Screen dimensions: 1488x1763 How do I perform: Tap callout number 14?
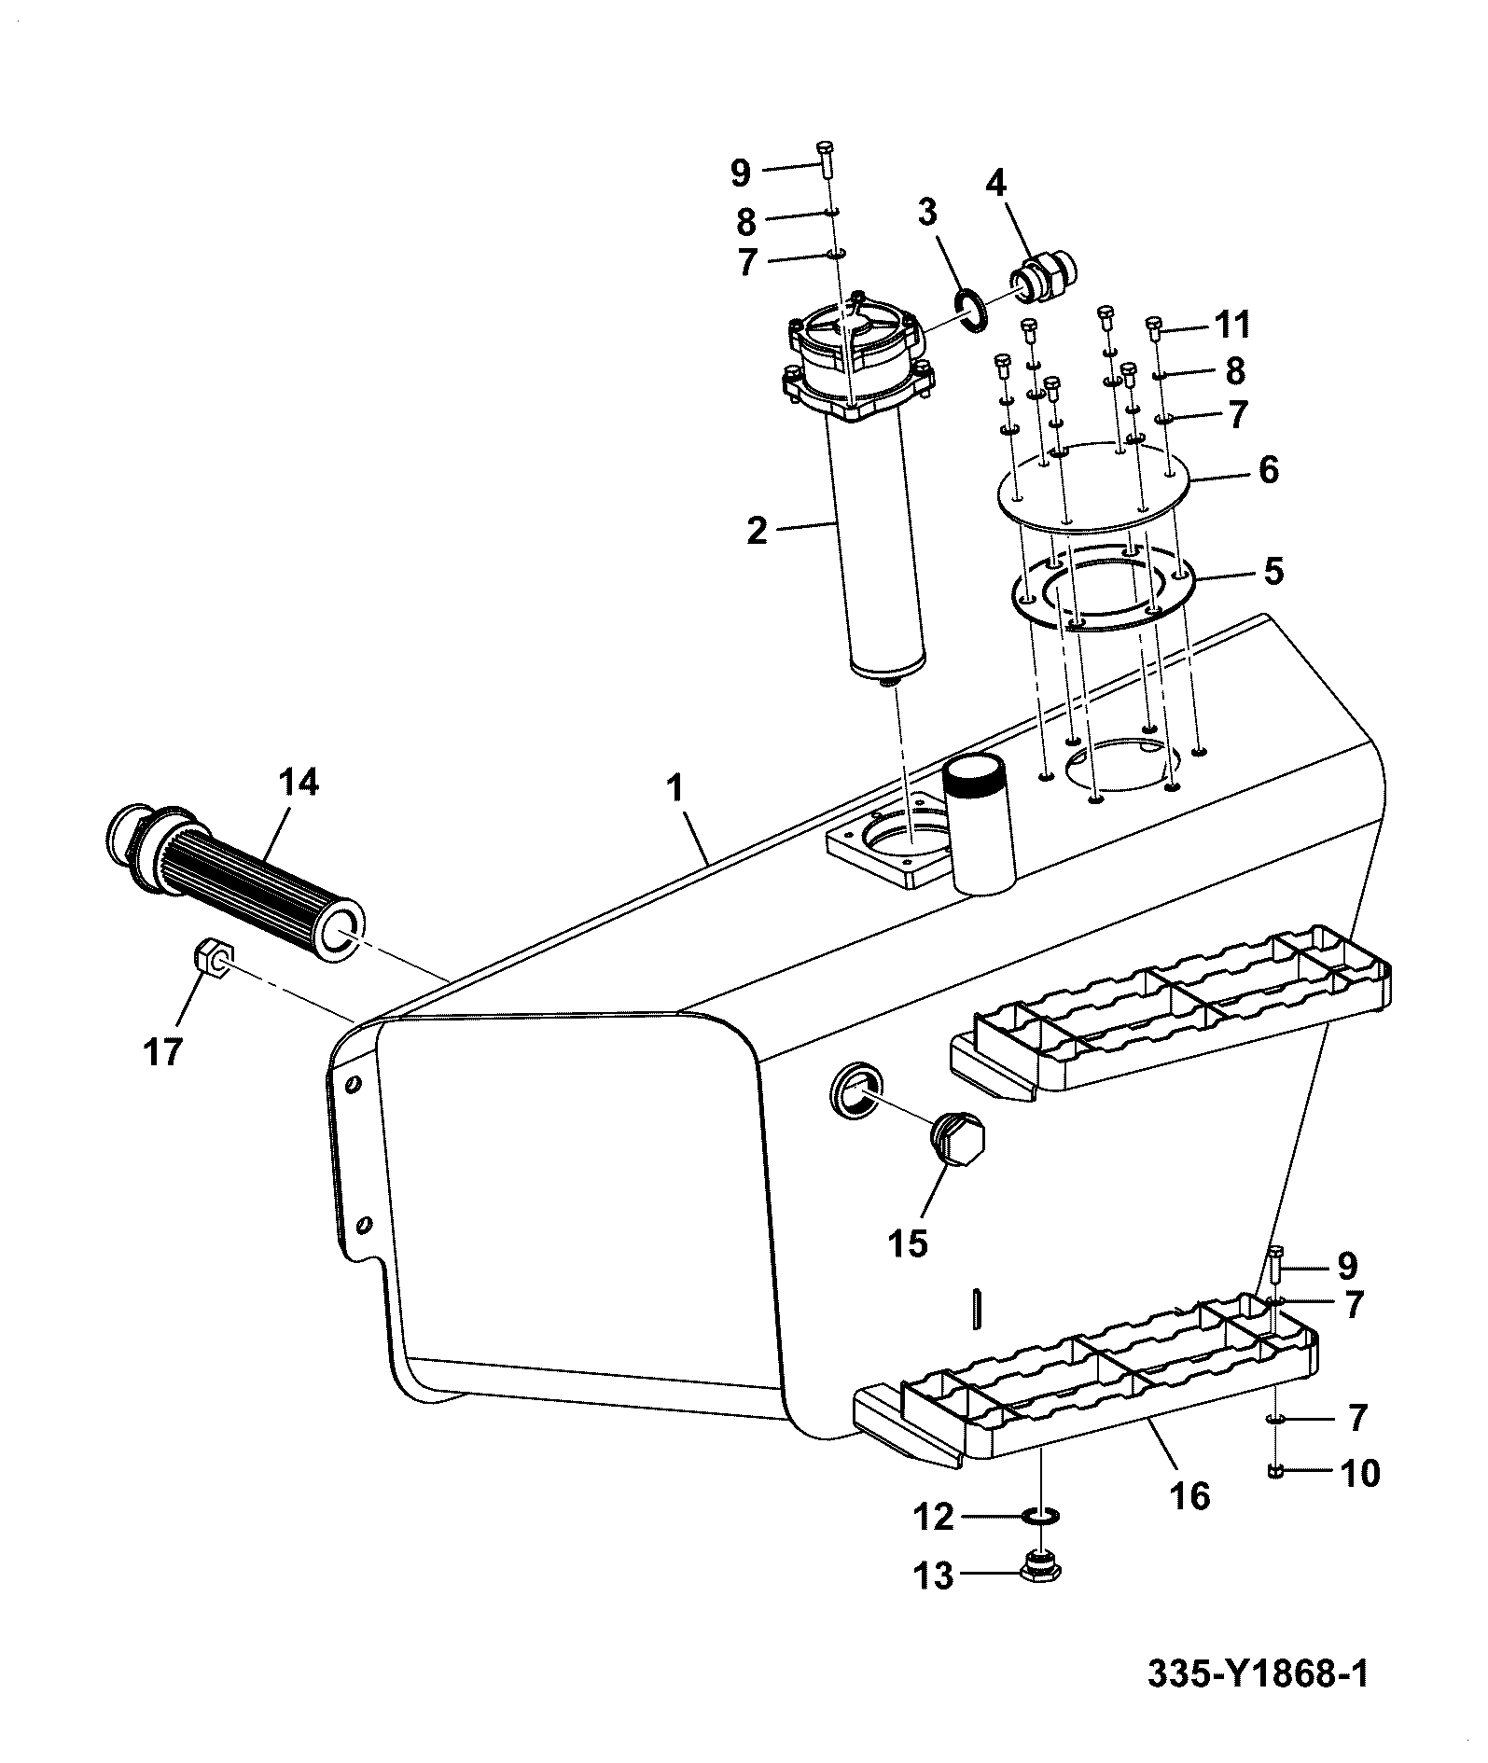[x=299, y=783]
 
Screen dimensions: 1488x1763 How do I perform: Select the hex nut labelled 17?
[x=214, y=957]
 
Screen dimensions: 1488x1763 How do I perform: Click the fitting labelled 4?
[x=1045, y=277]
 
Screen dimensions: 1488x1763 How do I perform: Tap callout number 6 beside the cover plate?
[x=1268, y=470]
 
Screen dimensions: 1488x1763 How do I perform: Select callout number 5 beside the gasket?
[x=1272, y=571]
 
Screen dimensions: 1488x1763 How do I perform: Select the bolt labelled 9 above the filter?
[x=825, y=162]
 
